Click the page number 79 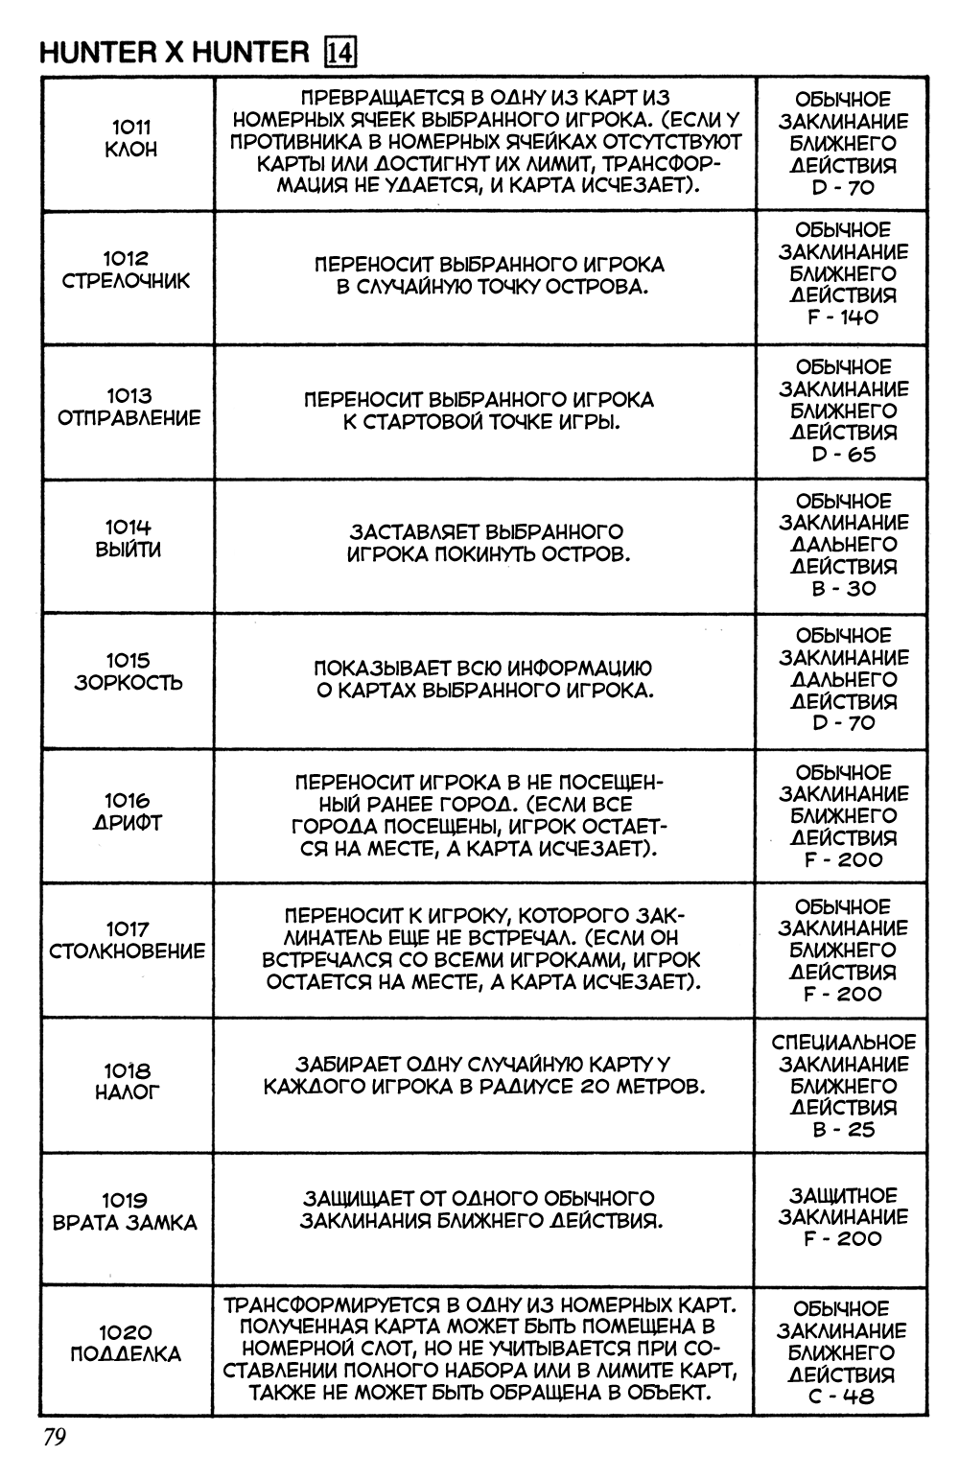point(52,1438)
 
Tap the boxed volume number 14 point(341,53)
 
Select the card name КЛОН point(130,150)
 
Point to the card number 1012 point(127,258)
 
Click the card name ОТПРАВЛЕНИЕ point(129,418)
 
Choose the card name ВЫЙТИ point(129,551)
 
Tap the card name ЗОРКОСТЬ point(129,683)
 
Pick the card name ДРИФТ point(129,823)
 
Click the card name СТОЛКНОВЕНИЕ point(128,951)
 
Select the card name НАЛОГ point(129,1092)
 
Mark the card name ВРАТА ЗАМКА point(125,1223)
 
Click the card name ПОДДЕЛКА point(126,1354)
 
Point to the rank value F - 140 point(843,317)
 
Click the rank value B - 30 point(843,588)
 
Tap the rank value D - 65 point(843,455)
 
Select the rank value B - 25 point(843,1129)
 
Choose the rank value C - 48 point(841,1397)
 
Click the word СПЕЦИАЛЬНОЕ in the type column point(844,1043)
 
